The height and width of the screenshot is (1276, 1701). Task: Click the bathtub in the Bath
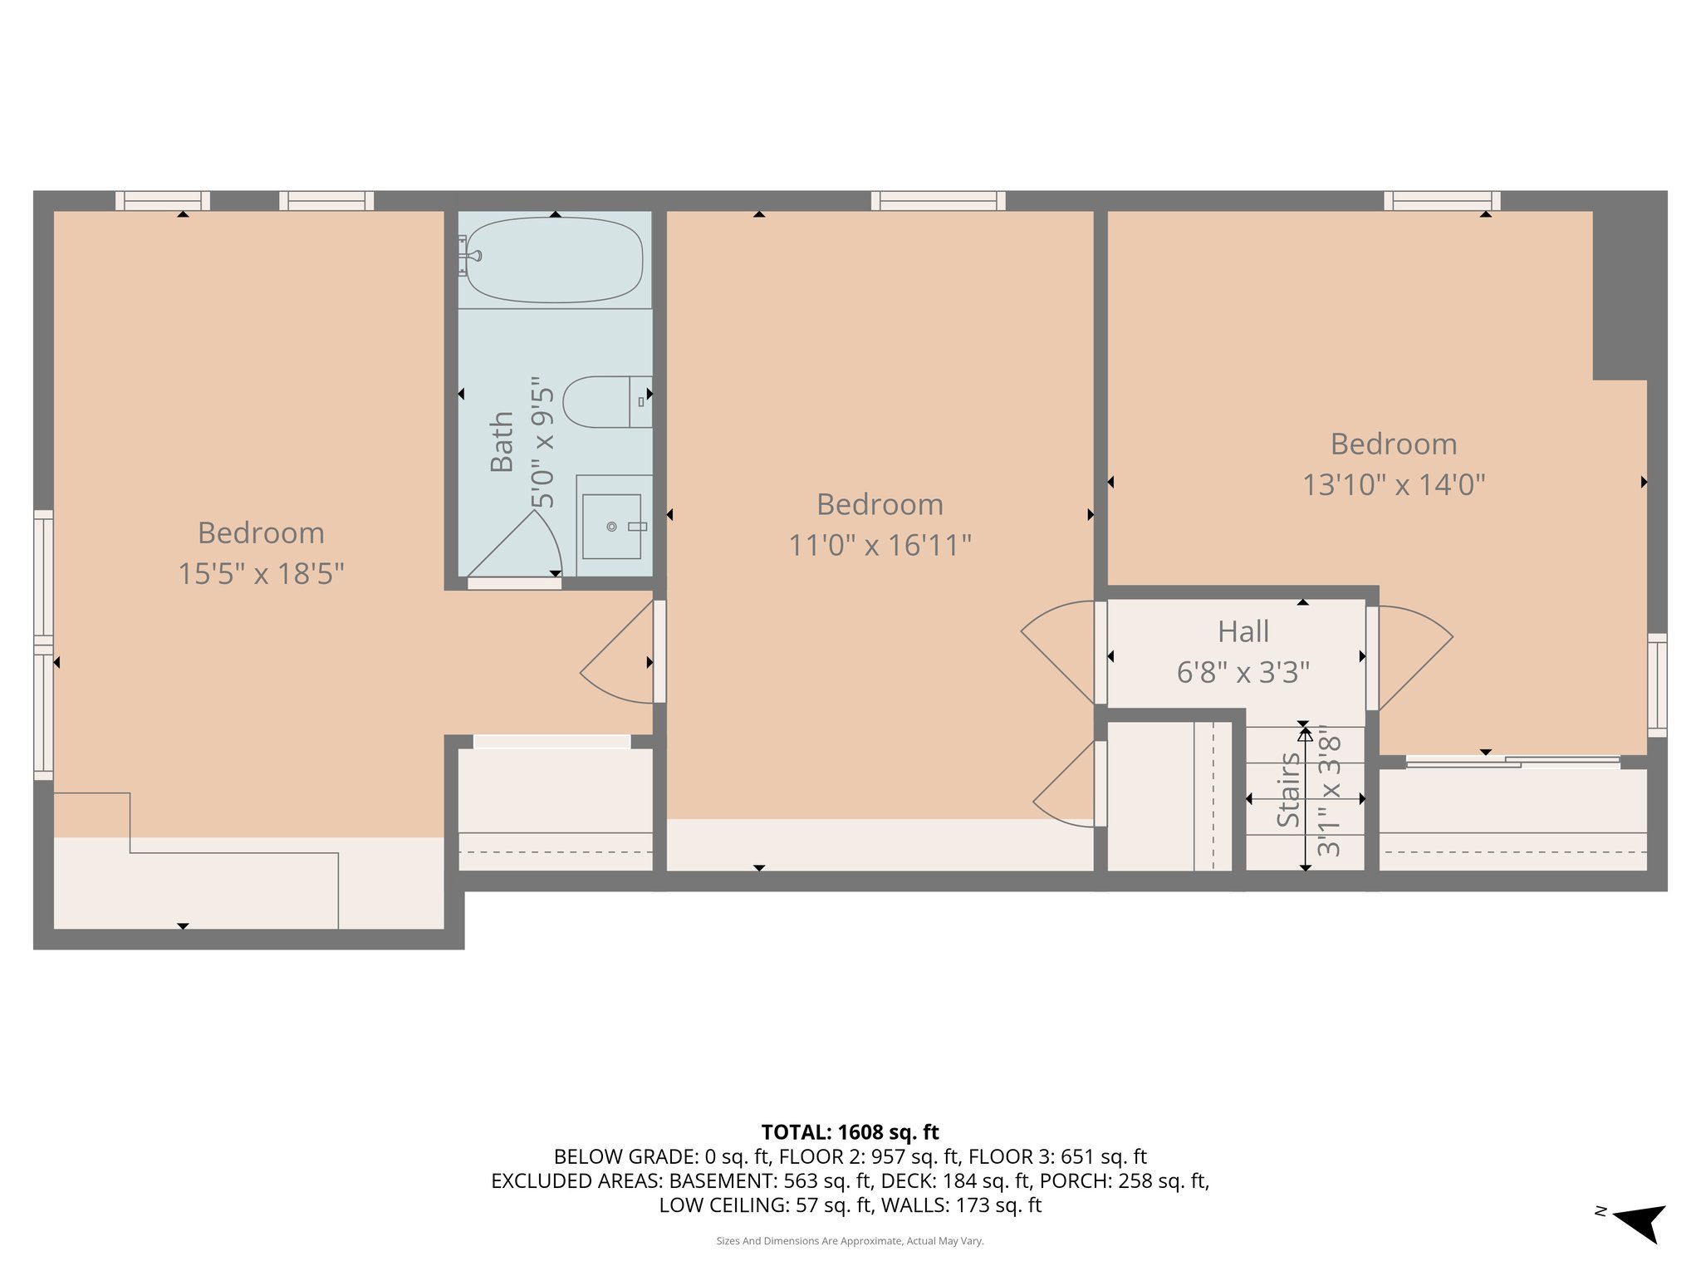555,259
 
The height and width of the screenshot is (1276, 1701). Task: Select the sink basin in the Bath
611,527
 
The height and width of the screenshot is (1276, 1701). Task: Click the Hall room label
1243,632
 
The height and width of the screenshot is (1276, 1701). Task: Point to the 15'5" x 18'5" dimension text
261,574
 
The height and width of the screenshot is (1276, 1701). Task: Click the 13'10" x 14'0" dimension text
1393,485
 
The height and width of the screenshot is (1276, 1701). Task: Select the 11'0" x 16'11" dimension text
880,546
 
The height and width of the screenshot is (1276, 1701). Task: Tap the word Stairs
1288,790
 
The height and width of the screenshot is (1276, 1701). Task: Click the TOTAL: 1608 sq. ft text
850,1132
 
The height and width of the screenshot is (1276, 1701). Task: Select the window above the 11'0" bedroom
938,200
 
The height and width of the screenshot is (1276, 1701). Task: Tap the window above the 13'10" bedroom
1442,200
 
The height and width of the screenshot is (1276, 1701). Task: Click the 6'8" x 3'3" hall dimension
1243,672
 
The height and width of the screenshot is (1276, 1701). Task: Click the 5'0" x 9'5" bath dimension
542,442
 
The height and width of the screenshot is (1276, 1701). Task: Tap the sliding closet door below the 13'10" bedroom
1512,761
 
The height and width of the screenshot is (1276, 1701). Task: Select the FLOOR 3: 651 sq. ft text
1057,1156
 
